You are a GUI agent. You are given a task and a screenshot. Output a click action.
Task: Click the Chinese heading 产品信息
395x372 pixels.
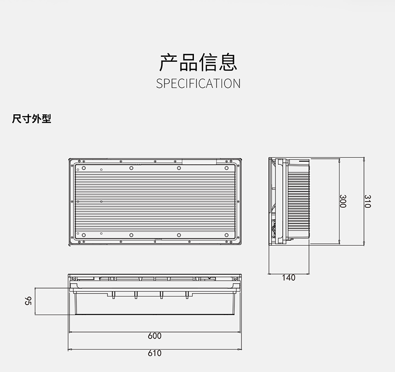click(198, 62)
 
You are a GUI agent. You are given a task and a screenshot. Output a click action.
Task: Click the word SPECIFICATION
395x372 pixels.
click(198, 83)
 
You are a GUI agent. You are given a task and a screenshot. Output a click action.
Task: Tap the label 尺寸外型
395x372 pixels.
click(31, 119)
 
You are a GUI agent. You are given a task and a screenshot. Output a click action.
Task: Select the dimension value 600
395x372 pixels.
click(154, 336)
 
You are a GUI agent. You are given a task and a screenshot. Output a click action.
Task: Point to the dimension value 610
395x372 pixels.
click(154, 353)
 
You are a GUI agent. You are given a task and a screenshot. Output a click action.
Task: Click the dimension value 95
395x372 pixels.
click(28, 301)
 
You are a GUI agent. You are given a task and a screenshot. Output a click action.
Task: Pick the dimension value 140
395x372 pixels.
click(288, 278)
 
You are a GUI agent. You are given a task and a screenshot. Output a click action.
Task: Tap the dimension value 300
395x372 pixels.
click(342, 201)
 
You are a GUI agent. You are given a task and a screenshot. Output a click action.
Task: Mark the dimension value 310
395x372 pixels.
click(367, 201)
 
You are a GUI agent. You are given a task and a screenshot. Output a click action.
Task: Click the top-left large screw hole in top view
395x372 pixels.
click(84, 168)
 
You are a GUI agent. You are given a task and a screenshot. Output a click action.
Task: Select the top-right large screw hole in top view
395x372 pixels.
click(226, 168)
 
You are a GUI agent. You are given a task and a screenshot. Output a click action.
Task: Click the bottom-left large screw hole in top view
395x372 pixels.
click(84, 235)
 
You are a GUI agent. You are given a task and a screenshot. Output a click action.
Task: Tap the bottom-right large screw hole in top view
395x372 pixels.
click(226, 235)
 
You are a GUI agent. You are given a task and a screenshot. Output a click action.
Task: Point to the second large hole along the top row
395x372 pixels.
click(131, 168)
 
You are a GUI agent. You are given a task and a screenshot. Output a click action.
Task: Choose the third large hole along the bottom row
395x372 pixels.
click(179, 235)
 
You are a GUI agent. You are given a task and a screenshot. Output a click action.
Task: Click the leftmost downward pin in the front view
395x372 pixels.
click(113, 295)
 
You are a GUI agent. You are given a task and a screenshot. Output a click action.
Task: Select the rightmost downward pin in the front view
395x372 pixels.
click(187, 295)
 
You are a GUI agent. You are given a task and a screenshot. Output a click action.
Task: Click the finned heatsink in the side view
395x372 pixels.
click(298, 201)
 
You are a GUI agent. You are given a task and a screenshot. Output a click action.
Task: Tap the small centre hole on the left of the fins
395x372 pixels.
click(78, 202)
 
